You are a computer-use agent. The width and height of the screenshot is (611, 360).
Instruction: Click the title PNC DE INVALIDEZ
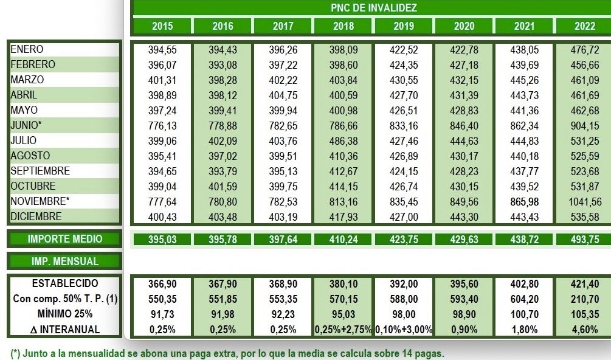click(373, 8)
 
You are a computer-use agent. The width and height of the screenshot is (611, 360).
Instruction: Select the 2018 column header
click(343, 26)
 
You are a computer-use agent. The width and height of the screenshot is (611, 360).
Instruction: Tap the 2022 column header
click(585, 26)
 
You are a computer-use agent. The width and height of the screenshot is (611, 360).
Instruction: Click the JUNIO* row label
click(26, 125)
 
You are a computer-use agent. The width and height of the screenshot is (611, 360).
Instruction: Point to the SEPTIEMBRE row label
click(40, 171)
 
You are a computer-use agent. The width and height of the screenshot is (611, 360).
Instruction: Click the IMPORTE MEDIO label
click(65, 239)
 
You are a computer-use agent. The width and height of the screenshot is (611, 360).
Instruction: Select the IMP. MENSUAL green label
click(65, 261)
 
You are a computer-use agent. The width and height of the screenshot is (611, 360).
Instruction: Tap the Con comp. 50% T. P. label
click(65, 299)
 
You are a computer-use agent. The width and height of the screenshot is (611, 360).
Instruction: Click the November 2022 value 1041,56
click(587, 201)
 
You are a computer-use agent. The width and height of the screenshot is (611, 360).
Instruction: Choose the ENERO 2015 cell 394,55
click(162, 50)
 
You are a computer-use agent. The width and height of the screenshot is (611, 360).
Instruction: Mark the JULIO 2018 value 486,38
click(343, 140)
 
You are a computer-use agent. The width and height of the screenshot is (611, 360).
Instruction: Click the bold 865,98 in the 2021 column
click(525, 201)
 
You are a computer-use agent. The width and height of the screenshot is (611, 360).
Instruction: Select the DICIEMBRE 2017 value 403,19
click(283, 216)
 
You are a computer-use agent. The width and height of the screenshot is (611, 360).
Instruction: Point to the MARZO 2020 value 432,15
click(464, 80)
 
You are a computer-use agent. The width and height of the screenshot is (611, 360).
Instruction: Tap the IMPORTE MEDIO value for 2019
click(404, 240)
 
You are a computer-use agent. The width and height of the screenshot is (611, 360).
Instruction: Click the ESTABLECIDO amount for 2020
click(464, 284)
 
